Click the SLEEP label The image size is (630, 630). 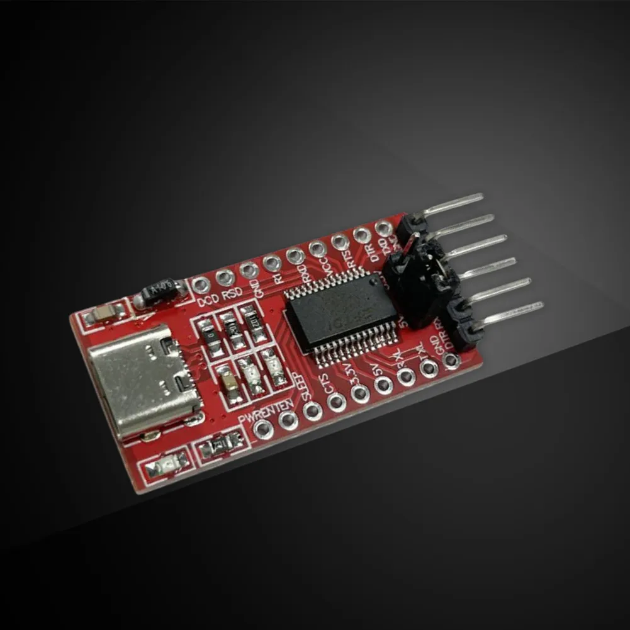[x=301, y=383]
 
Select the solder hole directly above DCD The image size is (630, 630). [x=201, y=284]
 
